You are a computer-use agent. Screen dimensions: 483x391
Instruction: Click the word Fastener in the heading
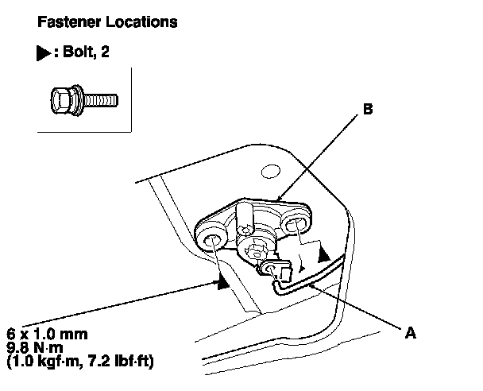tap(69, 22)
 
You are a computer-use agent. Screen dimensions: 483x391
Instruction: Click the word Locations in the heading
tap(141, 22)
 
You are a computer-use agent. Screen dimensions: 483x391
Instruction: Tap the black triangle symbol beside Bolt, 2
tap(43, 52)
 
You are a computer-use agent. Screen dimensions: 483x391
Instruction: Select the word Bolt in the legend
tap(77, 51)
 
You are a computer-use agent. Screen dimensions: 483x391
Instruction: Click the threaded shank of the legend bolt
tap(100, 100)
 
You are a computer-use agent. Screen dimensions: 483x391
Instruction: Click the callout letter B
tap(368, 110)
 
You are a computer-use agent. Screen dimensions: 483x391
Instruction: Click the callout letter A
tap(410, 333)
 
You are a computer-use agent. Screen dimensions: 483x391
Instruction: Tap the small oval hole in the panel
tap(271, 172)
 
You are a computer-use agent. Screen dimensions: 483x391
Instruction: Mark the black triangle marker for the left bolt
tap(223, 281)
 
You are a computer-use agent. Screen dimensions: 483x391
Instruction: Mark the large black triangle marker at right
tap(323, 255)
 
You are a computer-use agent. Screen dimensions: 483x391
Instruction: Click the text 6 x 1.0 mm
tap(47, 334)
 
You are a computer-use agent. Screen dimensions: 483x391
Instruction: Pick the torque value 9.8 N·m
tap(35, 347)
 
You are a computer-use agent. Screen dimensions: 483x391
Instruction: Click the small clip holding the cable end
tap(276, 269)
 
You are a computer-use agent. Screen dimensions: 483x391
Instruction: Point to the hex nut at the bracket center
tap(254, 250)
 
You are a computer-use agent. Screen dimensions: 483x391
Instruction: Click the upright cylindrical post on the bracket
tap(245, 219)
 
